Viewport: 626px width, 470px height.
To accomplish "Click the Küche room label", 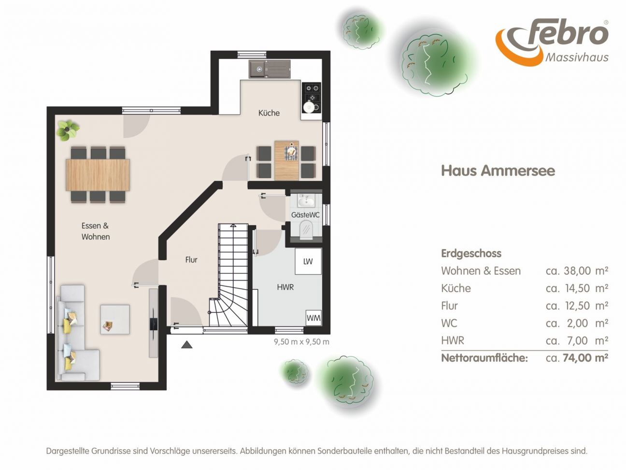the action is [269, 113].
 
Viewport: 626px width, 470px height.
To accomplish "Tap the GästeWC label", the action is [305, 215].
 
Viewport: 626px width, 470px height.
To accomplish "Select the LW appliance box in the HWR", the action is [308, 261].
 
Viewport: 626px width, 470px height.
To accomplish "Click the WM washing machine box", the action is [313, 318].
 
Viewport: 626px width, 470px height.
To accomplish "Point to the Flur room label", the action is [191, 260].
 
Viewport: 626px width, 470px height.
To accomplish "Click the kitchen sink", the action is [270, 69].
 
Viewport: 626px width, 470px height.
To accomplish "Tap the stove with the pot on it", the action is [311, 98].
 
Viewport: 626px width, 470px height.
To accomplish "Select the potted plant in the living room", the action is [67, 131].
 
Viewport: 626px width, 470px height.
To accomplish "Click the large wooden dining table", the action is [98, 175].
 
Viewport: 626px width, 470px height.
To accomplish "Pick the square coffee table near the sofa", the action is [115, 319].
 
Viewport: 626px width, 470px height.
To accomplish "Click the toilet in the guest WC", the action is [306, 229].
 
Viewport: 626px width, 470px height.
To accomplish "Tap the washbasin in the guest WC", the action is [306, 201].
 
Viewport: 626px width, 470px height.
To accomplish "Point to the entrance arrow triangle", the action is [187, 345].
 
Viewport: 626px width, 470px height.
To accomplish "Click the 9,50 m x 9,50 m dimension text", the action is [301, 341].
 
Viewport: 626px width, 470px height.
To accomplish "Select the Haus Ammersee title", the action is [498, 171].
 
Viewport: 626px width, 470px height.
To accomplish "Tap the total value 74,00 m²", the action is [585, 357].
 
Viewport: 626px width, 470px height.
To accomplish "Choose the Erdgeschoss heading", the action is [471, 253].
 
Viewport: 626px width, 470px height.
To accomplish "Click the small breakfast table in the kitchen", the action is [286, 161].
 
